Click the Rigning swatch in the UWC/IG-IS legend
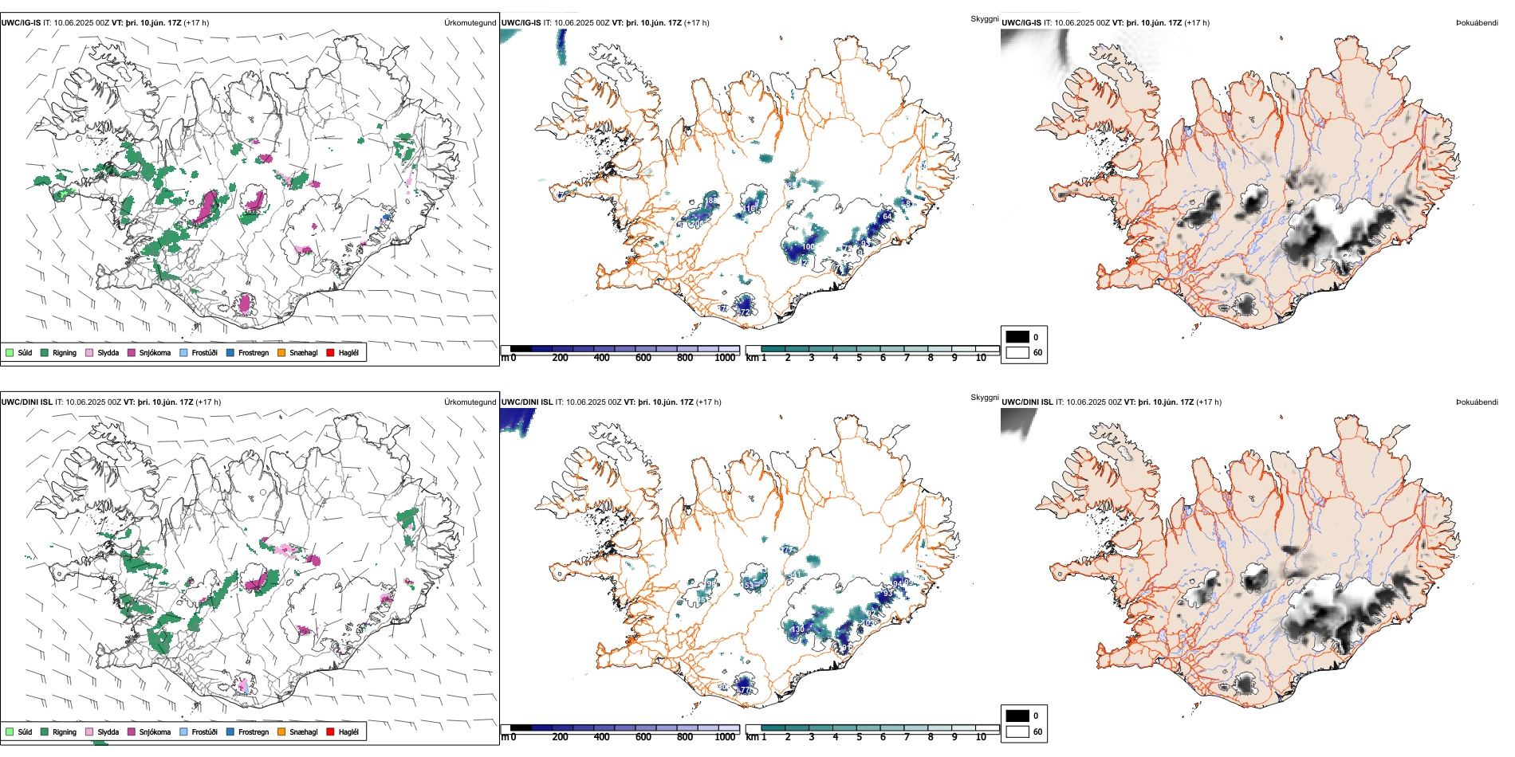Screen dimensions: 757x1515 45,352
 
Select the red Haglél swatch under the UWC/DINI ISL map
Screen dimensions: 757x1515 330,732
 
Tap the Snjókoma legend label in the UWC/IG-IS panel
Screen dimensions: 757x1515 155,353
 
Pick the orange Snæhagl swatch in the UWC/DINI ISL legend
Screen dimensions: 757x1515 281,732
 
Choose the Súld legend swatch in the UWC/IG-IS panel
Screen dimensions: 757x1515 10,352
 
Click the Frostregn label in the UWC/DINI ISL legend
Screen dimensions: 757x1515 254,732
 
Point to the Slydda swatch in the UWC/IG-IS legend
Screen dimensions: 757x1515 89,352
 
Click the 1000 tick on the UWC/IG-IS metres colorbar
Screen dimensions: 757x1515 725,358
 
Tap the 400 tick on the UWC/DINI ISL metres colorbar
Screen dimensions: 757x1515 602,737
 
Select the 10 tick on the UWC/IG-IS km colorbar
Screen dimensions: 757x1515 981,358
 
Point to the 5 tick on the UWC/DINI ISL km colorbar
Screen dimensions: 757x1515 859,737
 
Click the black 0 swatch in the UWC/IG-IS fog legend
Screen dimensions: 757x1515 1017,337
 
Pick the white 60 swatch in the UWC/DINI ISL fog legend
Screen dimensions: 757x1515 1017,732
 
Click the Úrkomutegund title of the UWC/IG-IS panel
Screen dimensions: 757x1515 470,23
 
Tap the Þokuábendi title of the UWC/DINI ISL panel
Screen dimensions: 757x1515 1477,402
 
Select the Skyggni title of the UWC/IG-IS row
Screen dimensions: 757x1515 984,19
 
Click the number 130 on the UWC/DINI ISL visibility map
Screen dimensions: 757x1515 797,630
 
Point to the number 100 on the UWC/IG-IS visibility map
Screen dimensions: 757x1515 808,247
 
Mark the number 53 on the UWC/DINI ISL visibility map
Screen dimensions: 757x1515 749,585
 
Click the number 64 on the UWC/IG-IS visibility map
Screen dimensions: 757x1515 887,217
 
